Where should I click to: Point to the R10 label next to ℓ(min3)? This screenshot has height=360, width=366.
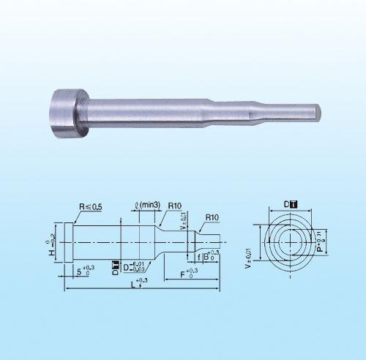tap(174, 207)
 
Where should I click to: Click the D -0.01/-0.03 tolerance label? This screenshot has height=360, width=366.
tap(133, 263)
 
